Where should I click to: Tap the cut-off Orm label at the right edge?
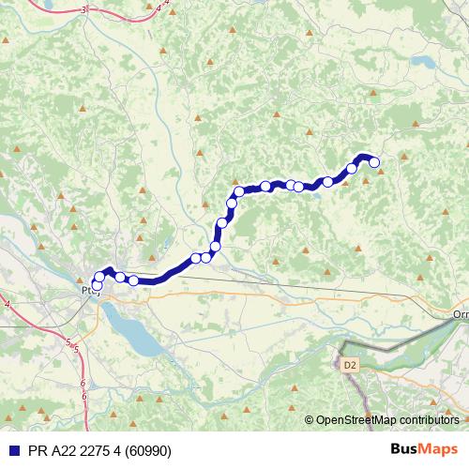(x=460, y=314)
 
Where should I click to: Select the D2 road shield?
(x=350, y=364)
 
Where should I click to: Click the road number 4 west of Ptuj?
(x=7, y=305)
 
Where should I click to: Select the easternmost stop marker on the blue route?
(x=374, y=162)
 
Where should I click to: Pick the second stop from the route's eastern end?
(x=352, y=169)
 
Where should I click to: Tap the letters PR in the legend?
(x=35, y=449)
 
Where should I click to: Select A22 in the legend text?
(x=62, y=449)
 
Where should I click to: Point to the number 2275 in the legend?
(x=96, y=449)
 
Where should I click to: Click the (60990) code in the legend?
(x=148, y=449)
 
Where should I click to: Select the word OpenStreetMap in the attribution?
(x=356, y=419)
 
